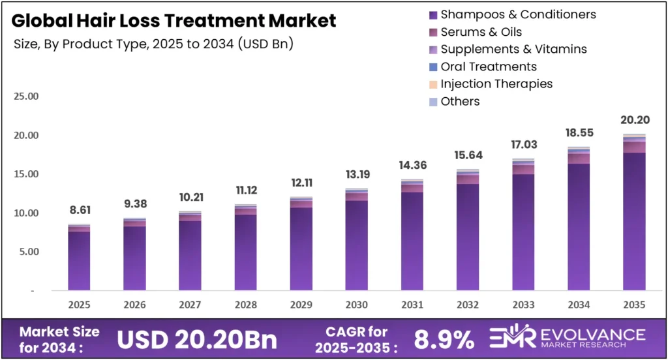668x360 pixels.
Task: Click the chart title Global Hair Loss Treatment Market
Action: [x=174, y=21]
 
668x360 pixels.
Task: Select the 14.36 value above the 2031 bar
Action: [x=412, y=166]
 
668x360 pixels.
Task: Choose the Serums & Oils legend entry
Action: [x=481, y=32]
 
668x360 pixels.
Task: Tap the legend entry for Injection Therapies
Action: [x=496, y=83]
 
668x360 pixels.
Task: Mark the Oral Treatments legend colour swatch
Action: [x=433, y=67]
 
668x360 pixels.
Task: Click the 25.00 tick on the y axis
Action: [x=26, y=97]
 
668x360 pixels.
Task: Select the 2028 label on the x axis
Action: [x=246, y=305]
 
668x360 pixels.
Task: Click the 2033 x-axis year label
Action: [x=523, y=305]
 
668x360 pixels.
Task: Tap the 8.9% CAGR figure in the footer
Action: [x=444, y=339]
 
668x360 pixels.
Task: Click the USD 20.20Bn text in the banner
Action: [x=196, y=339]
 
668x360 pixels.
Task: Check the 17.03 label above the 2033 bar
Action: [x=523, y=145]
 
